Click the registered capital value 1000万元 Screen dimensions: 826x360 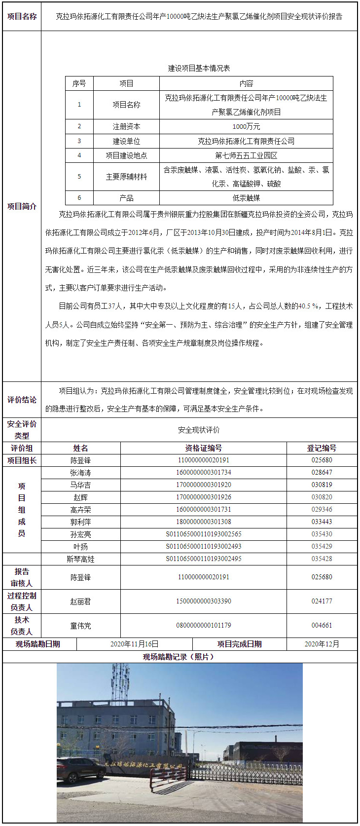click(x=246, y=127)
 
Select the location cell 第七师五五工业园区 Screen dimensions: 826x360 click(x=246, y=155)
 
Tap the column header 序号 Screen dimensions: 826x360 click(x=79, y=84)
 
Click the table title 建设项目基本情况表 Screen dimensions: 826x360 click(x=199, y=68)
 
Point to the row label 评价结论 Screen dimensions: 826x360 click(x=22, y=400)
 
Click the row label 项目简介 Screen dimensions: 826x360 click(x=22, y=206)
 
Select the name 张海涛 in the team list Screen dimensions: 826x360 click(x=80, y=473)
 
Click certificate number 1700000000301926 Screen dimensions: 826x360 click(x=203, y=497)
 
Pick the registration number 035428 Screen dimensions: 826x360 click(x=322, y=559)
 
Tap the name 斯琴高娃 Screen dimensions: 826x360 click(x=80, y=559)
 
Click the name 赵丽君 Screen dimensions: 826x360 click(x=80, y=601)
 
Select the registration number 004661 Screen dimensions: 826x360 click(x=322, y=626)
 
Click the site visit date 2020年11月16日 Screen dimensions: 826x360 click(x=134, y=644)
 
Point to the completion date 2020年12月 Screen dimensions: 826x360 click(x=322, y=644)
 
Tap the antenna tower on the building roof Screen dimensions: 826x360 click(x=120, y=681)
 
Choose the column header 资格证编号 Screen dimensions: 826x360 click(x=203, y=448)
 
